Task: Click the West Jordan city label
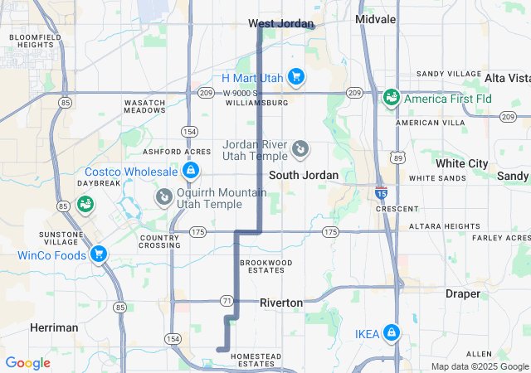pyautogui.click(x=280, y=24)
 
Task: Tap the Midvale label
pyautogui.click(x=375, y=18)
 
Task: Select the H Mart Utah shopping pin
pyautogui.click(x=296, y=78)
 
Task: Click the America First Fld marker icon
pyautogui.click(x=390, y=99)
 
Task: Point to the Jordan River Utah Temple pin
pyautogui.click(x=300, y=150)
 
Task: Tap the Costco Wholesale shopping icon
pyautogui.click(x=191, y=172)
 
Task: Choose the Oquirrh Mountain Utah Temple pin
pyautogui.click(x=163, y=197)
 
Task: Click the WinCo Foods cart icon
pyautogui.click(x=99, y=254)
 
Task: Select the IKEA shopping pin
pyautogui.click(x=391, y=334)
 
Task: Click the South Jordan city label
pyautogui.click(x=303, y=175)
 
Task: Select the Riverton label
pyautogui.click(x=281, y=303)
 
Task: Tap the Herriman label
pyautogui.click(x=54, y=327)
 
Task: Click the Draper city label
pyautogui.click(x=462, y=293)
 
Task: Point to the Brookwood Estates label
pyautogui.click(x=266, y=266)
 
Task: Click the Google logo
pyautogui.click(x=27, y=363)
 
